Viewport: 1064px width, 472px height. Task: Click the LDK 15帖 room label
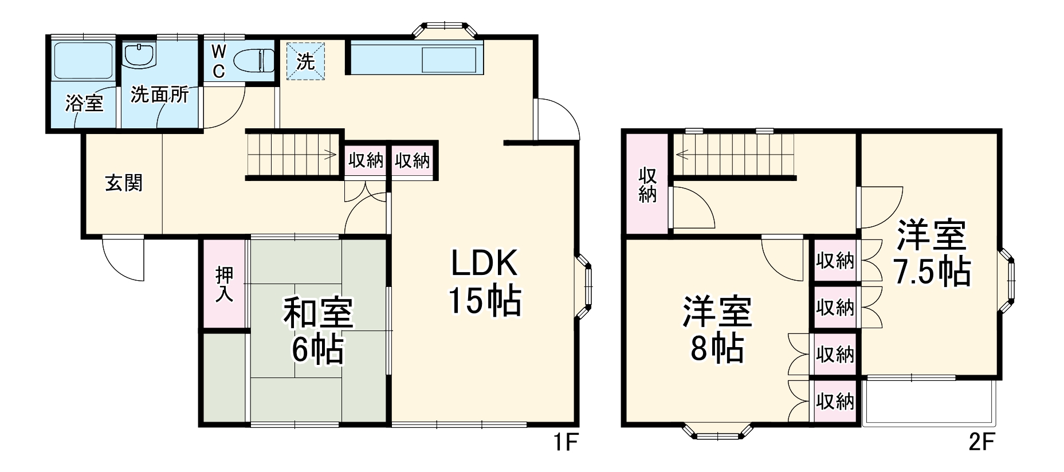[x=485, y=282]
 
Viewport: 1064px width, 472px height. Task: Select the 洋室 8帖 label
[x=717, y=330]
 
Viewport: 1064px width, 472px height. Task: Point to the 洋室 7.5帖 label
[x=932, y=253]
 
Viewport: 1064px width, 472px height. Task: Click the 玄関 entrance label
[x=124, y=183]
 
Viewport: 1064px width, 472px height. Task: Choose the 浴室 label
[x=84, y=104]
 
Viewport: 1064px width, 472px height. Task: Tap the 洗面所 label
[x=159, y=95]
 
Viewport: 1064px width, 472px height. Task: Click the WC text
[x=218, y=61]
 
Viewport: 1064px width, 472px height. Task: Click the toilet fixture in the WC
[x=253, y=60]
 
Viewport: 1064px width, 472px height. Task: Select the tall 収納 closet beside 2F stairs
[x=647, y=184]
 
